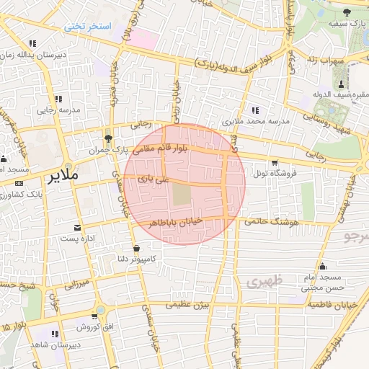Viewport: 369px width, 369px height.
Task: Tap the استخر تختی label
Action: (x=87, y=27)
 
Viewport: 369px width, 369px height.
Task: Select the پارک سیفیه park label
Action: (x=344, y=24)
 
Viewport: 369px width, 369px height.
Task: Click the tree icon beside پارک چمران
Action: (x=108, y=137)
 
